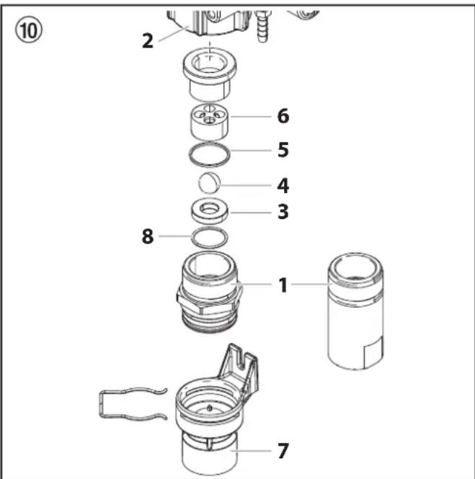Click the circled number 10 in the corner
(28, 30)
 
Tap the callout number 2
(148, 41)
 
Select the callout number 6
(283, 116)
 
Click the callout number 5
(283, 150)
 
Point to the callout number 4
(283, 185)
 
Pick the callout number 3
(283, 212)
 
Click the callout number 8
(148, 236)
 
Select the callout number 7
(283, 451)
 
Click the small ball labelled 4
(209, 183)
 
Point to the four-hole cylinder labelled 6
(210, 122)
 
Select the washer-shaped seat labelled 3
(210, 212)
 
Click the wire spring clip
(101, 403)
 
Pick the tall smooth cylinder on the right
(356, 312)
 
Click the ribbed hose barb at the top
(262, 27)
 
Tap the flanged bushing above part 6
(210, 73)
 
